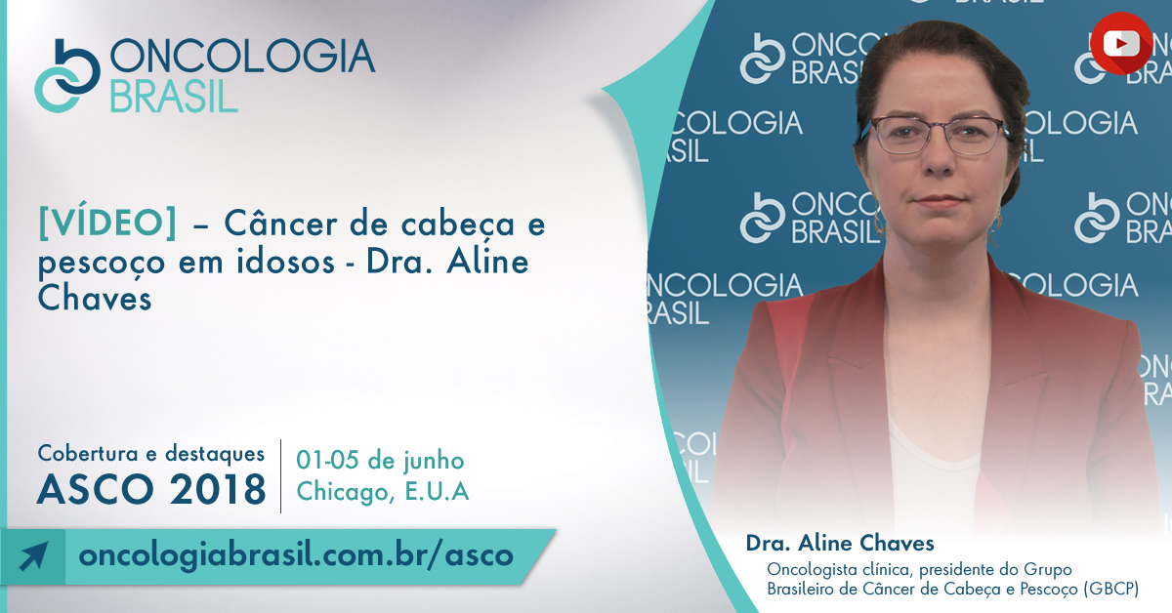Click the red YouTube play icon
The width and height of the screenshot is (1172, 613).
pyautogui.click(x=1121, y=43)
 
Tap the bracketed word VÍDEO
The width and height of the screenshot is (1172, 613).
pyautogui.click(x=107, y=224)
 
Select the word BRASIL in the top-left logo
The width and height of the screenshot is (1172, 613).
pyautogui.click(x=174, y=97)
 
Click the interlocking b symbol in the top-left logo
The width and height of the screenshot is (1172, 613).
pyautogui.click(x=67, y=75)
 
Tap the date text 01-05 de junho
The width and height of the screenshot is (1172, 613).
pyautogui.click(x=380, y=461)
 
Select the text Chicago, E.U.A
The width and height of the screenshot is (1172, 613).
pyautogui.click(x=383, y=492)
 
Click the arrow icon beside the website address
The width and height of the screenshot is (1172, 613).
pyautogui.click(x=33, y=556)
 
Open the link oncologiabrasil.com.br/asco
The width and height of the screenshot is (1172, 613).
pyautogui.click(x=296, y=555)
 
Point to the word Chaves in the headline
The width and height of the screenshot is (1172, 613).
pyautogui.click(x=95, y=299)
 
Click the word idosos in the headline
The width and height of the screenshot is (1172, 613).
pyautogui.click(x=285, y=262)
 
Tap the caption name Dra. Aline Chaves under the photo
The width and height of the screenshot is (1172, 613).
pyautogui.click(x=840, y=544)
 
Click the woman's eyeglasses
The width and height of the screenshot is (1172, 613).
pyautogui.click(x=937, y=135)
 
